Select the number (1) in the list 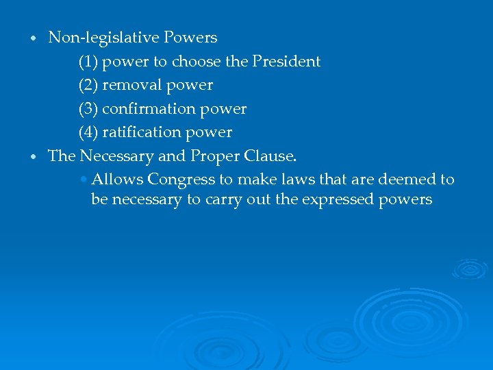pos(88,62)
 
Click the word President pos(286,62)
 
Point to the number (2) pos(88,85)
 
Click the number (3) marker pos(88,109)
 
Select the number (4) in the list pos(88,132)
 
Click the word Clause pos(271,156)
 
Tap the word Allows pos(117,180)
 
